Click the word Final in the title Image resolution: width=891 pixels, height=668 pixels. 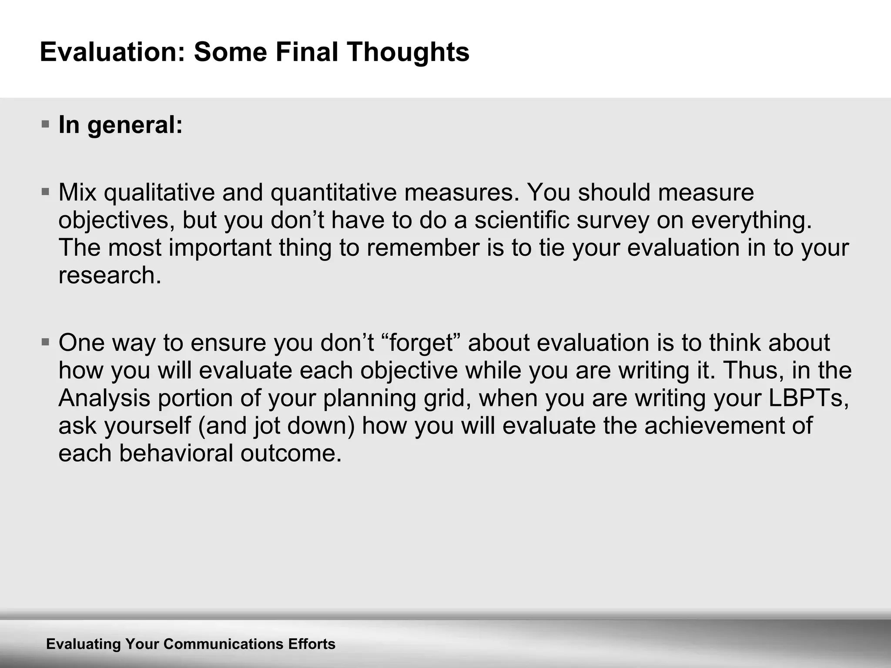coord(306,52)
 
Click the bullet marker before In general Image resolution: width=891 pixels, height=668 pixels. coord(45,124)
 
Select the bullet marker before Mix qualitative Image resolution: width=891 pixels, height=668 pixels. coord(45,191)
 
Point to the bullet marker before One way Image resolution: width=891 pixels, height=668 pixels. coord(45,342)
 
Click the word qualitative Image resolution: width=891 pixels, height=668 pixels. coord(159,192)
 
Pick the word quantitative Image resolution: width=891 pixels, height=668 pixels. coord(333,192)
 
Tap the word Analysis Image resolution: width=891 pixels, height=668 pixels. coord(104,398)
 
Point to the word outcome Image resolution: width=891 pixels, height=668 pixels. coord(291,453)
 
